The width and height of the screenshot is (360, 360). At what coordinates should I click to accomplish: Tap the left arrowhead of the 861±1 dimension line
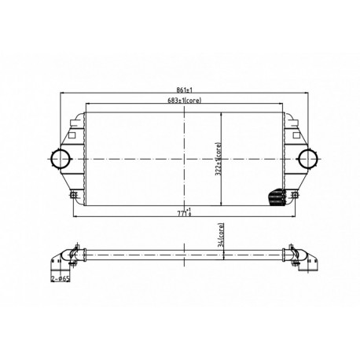(62, 96)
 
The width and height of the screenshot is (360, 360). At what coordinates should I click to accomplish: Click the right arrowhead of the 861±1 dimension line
(307, 96)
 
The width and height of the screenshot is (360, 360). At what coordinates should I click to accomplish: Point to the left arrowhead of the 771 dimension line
(74, 215)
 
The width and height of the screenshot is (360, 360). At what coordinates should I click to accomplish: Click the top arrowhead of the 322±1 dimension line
(223, 114)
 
